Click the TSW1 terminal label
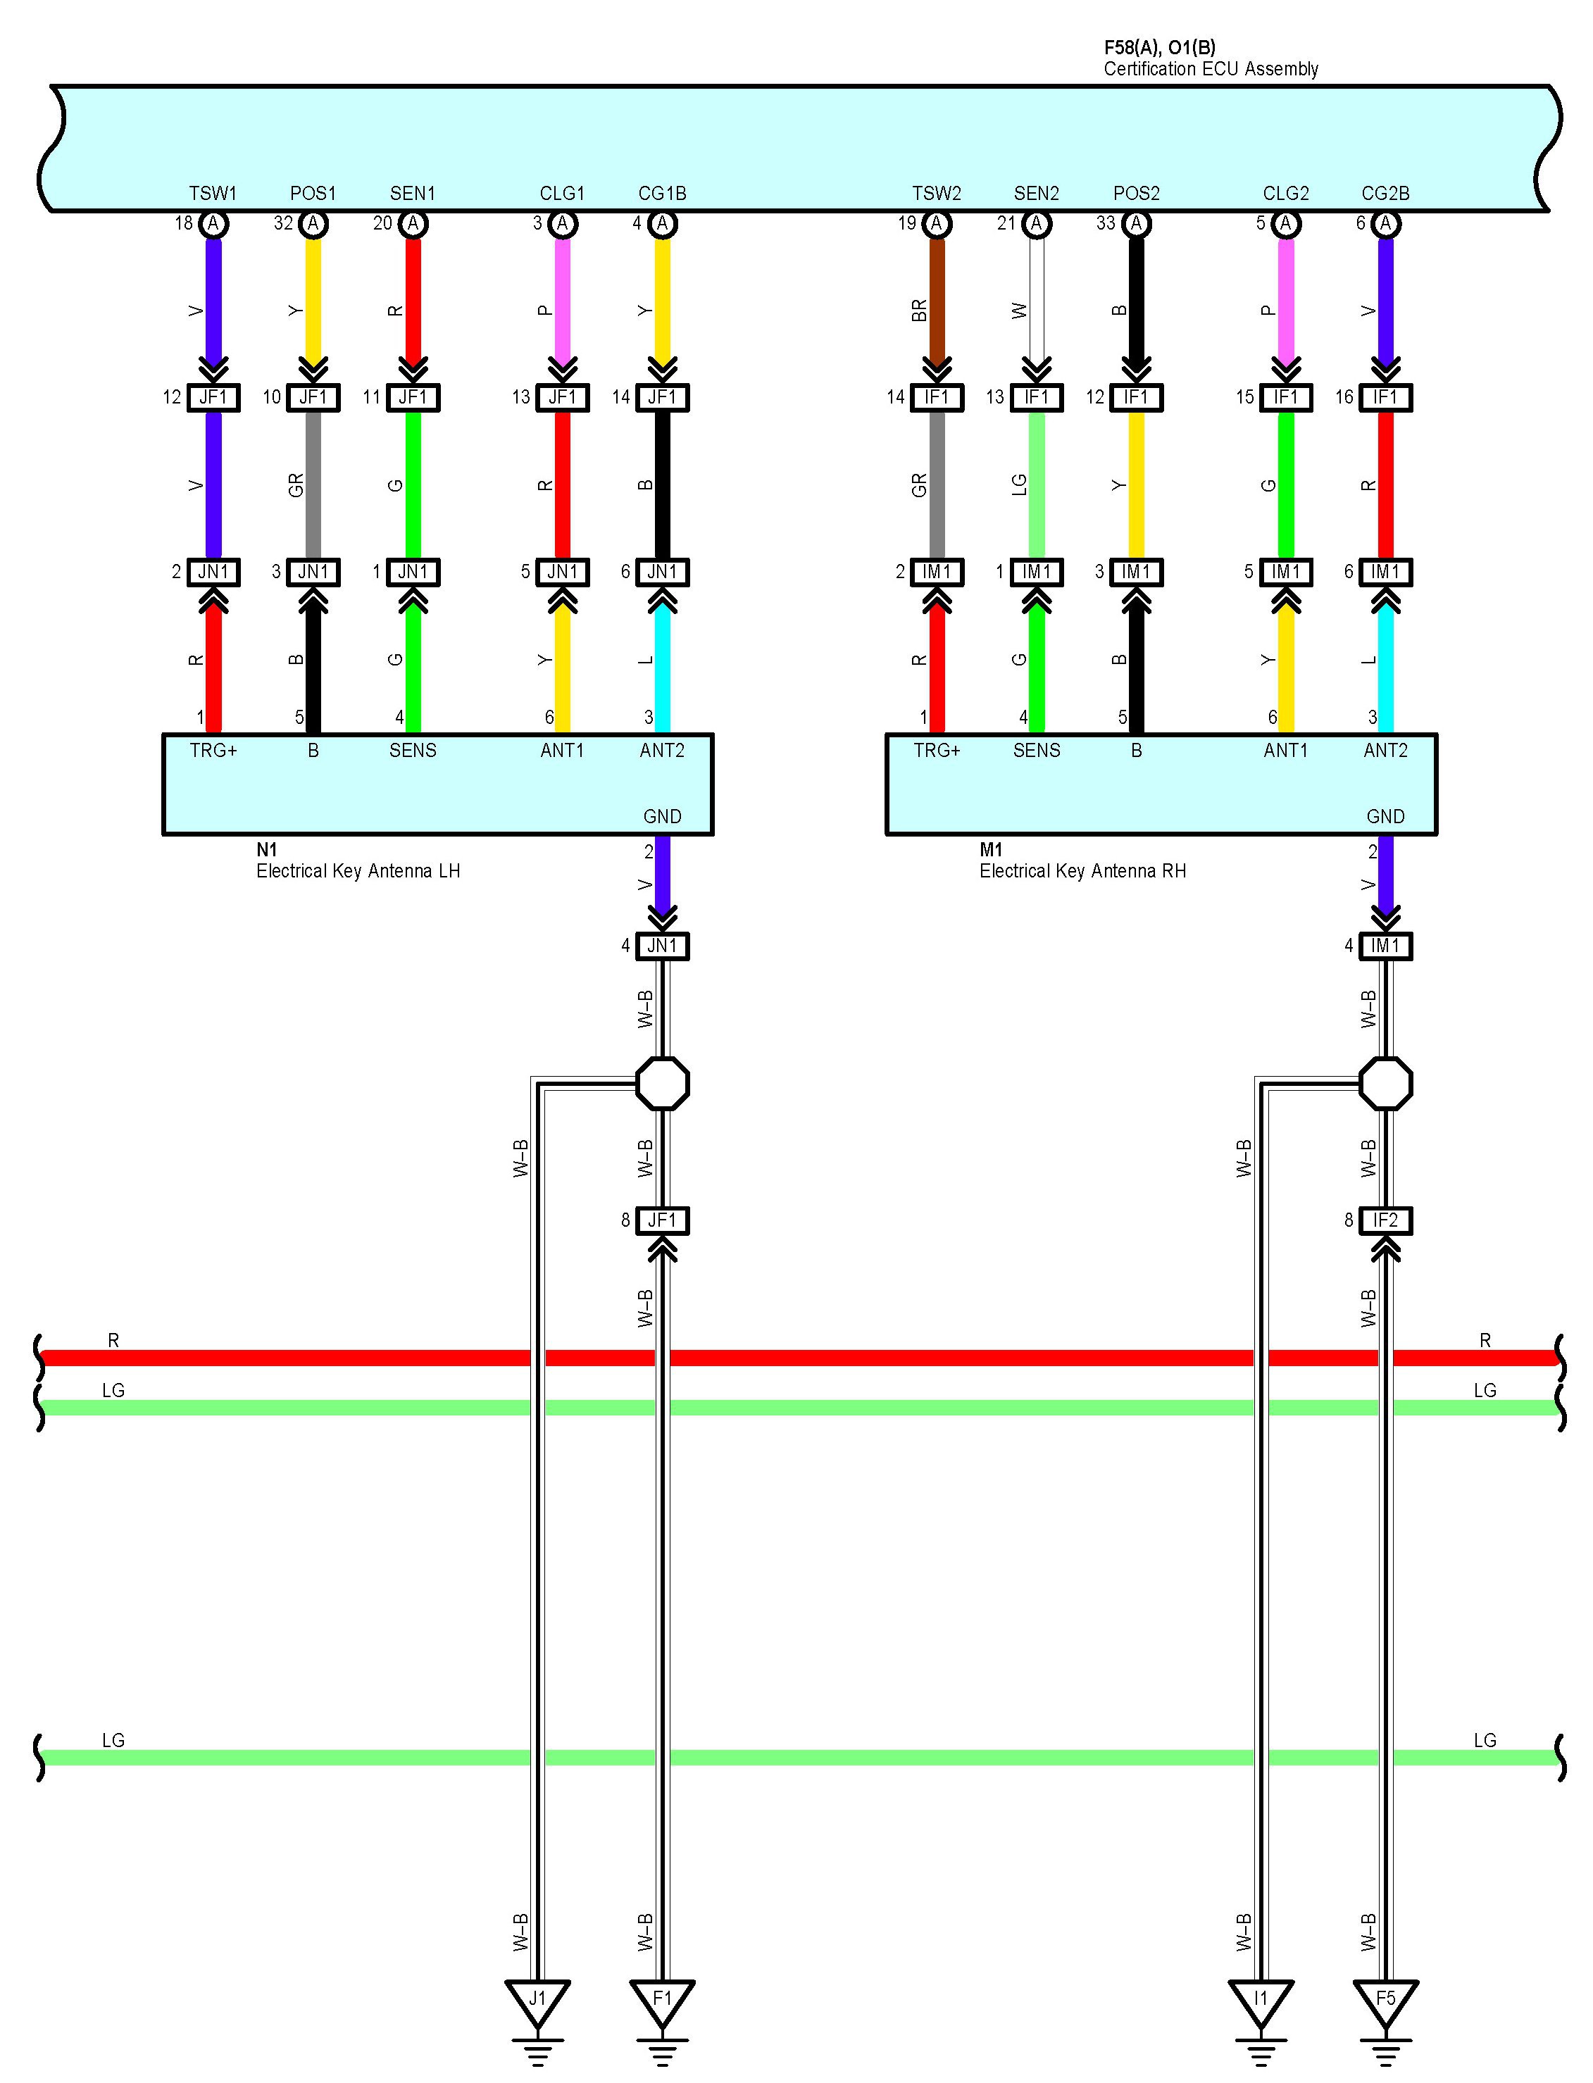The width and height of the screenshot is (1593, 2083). click(x=213, y=194)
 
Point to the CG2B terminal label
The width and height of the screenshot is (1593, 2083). click(x=1385, y=194)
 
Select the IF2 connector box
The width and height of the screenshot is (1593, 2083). click(x=1385, y=1220)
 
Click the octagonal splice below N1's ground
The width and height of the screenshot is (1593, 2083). click(x=662, y=1083)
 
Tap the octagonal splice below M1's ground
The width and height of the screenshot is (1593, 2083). click(x=1385, y=1083)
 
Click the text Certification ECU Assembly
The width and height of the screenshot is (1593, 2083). click(x=1211, y=69)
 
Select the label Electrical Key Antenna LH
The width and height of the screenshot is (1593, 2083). click(x=358, y=871)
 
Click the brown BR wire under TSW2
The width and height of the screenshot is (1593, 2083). click(x=937, y=304)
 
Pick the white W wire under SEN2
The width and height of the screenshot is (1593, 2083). click(x=1037, y=304)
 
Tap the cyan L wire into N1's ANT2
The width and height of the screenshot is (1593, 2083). click(x=662, y=663)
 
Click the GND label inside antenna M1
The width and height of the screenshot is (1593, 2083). click(x=1385, y=816)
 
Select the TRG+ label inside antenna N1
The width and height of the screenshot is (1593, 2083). click(x=213, y=751)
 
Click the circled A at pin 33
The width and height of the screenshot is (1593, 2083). click(x=1136, y=224)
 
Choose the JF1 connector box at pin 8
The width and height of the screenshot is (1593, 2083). click(x=662, y=1220)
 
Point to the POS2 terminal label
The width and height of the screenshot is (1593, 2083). click(x=1136, y=194)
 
